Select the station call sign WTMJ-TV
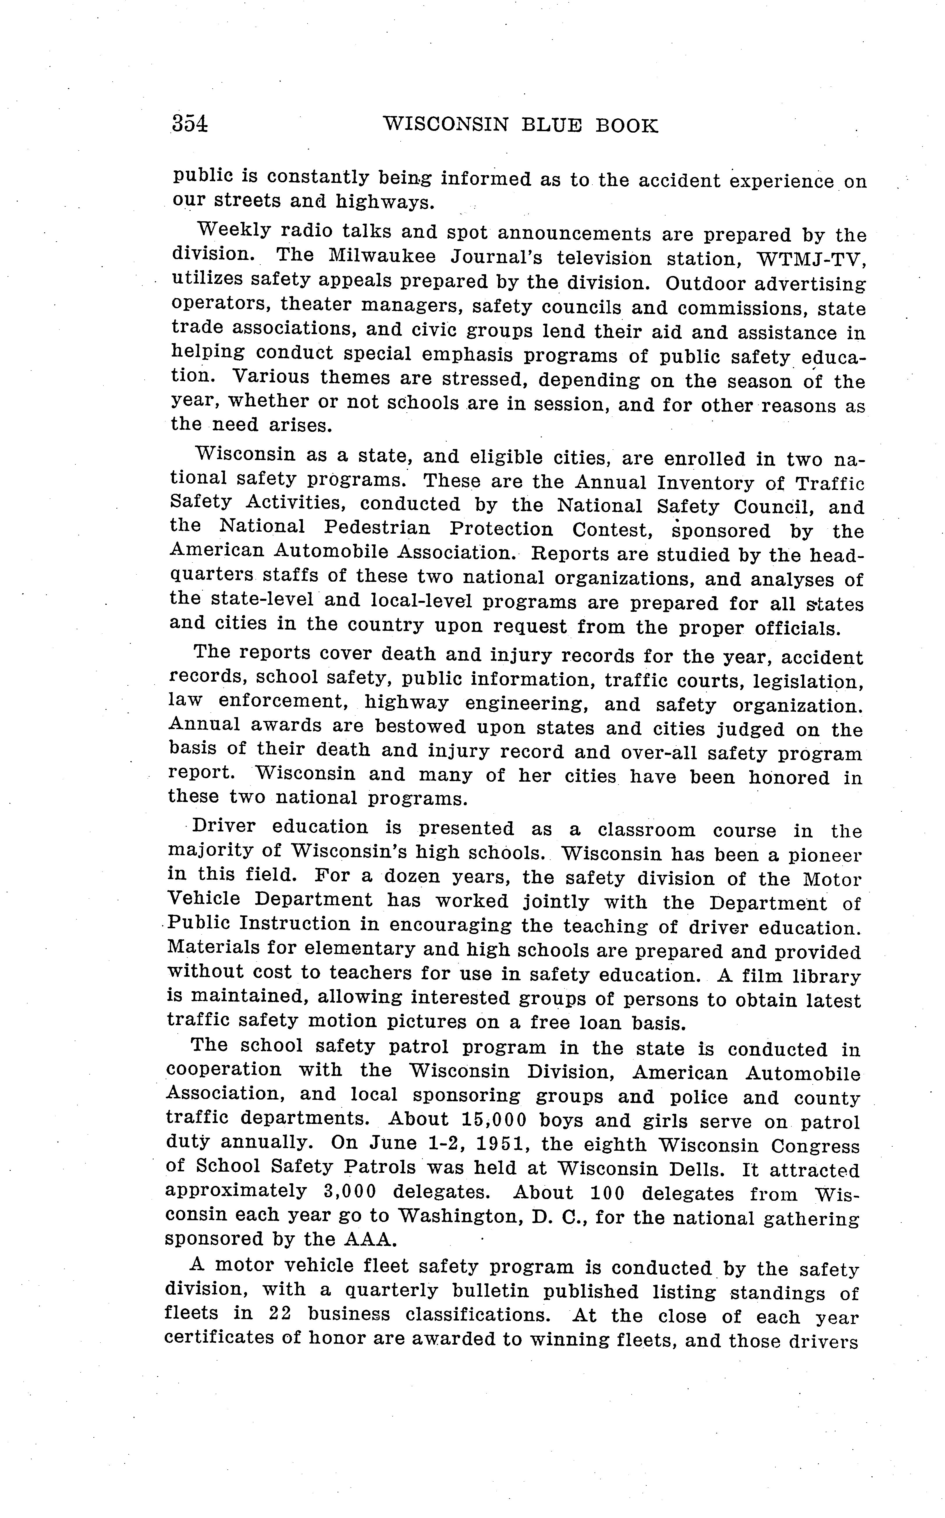point(810,259)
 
